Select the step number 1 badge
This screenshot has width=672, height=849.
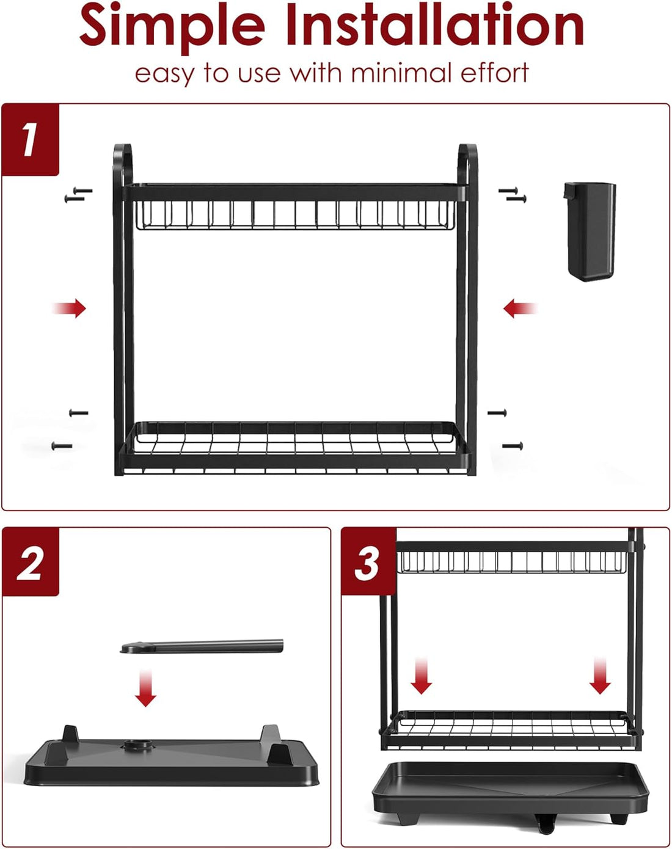[30, 139]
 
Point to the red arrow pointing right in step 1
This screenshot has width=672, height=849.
[70, 308]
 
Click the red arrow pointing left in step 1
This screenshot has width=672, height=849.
[520, 308]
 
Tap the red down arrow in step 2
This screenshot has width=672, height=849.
[145, 688]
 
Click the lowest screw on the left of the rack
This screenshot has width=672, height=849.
[62, 446]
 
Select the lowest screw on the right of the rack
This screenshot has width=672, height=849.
[513, 446]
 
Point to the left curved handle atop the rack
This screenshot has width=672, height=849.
[122, 162]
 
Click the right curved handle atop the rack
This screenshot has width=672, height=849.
[468, 162]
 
